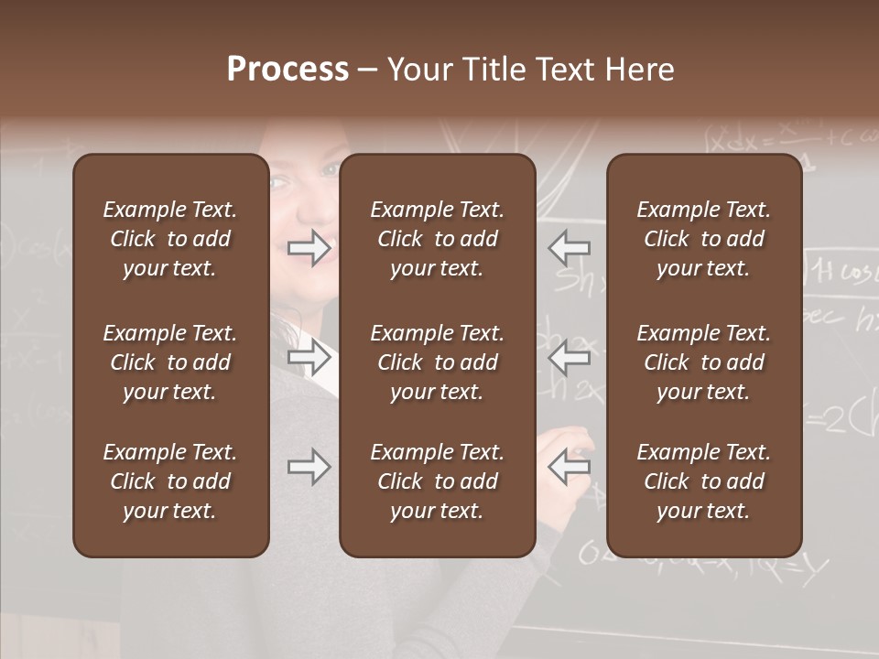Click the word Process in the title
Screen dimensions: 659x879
[288, 70]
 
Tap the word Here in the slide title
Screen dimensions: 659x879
[638, 70]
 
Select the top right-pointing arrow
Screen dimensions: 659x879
[309, 247]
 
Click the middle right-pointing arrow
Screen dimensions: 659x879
[309, 356]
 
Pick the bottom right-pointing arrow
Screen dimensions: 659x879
[309, 467]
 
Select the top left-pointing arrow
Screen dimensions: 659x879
[570, 247]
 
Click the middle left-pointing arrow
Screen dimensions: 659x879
[570, 356]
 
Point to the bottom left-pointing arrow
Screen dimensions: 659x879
[570, 467]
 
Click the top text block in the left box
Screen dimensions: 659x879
[170, 239]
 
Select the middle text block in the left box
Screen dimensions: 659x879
[170, 362]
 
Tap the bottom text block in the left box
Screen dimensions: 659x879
[170, 481]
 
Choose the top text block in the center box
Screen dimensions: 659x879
[438, 239]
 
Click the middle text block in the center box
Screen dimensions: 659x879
[438, 362]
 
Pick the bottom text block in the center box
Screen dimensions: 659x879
[438, 481]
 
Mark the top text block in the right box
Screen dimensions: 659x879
[704, 239]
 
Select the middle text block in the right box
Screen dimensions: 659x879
[704, 362]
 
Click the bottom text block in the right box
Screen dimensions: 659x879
[704, 481]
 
